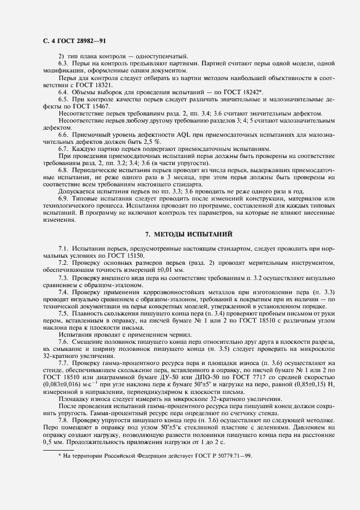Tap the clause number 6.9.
click(64, 199)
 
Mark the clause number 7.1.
click(64, 248)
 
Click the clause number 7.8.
click(64, 418)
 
